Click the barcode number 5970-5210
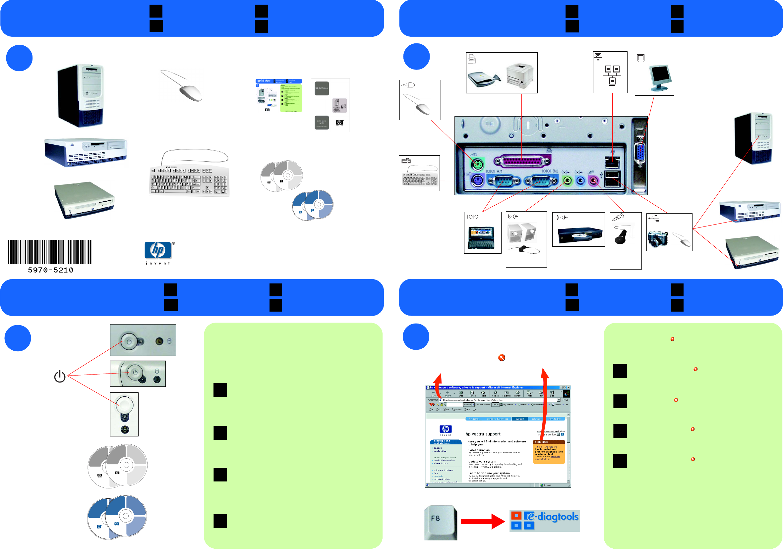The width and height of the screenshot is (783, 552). click(x=50, y=270)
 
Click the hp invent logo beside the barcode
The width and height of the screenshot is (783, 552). click(x=158, y=252)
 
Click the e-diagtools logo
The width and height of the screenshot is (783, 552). click(x=545, y=520)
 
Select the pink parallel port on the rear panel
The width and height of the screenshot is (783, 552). click(x=522, y=161)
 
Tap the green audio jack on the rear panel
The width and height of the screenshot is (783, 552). click(x=567, y=180)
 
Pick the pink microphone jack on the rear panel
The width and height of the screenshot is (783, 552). click(x=594, y=180)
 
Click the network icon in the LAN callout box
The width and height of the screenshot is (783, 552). click(x=612, y=75)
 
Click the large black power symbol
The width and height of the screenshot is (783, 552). click(x=60, y=376)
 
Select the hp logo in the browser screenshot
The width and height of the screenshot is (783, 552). click(x=446, y=429)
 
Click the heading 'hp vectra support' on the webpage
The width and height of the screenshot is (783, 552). click(x=483, y=434)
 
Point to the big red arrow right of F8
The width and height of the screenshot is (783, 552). click(x=482, y=521)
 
